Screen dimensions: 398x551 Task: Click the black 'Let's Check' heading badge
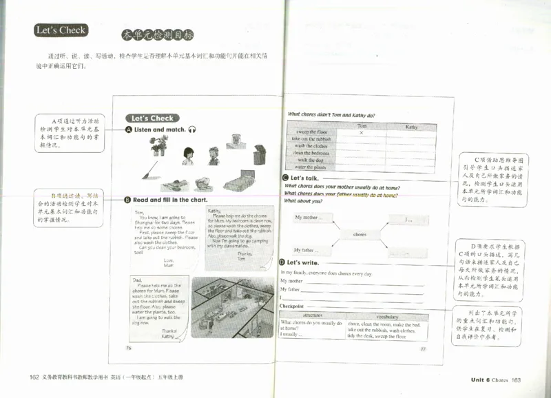61,30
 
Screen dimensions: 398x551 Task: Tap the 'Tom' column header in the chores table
362,126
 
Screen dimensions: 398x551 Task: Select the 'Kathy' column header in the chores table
411,127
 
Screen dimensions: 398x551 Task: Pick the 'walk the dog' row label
311,160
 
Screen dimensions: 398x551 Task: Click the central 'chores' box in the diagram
360,234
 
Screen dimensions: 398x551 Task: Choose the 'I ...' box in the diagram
408,220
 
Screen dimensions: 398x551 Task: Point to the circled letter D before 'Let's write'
282,262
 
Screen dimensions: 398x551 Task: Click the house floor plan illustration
233,307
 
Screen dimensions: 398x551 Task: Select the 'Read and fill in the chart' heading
170,200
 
